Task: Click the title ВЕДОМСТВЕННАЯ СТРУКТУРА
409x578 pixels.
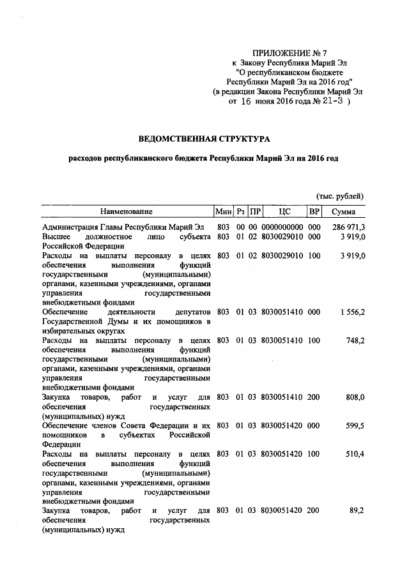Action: click(x=205, y=138)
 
